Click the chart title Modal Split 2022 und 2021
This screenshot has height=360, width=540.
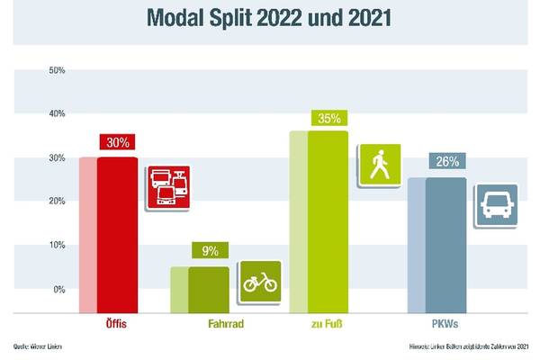[270, 18]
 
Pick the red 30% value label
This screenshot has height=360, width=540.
[117, 143]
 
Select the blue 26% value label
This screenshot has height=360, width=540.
[446, 163]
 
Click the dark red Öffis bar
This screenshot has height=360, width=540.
[117, 234]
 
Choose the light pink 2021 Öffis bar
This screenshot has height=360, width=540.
[87, 234]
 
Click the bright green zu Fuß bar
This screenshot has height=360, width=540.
[328, 220]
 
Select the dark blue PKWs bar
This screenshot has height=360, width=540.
[446, 243]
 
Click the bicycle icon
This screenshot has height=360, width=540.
[260, 283]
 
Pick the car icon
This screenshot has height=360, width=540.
[497, 207]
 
